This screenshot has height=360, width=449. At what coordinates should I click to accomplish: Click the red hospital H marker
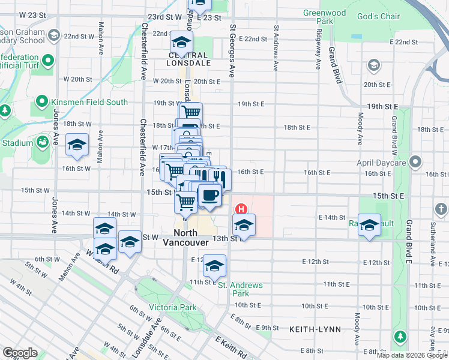(x=241, y=209)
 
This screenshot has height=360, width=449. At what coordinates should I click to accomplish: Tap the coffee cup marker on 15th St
(x=209, y=196)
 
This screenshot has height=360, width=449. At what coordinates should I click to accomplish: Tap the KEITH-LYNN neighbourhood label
(x=315, y=329)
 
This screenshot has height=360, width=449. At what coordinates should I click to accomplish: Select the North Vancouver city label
(x=187, y=238)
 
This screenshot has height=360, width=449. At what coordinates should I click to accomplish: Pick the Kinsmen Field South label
(x=89, y=102)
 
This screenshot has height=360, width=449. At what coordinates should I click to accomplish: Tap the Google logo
(x=20, y=352)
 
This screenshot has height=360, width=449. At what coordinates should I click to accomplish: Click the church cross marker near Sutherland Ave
(x=441, y=209)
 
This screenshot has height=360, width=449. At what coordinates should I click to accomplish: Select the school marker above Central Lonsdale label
(x=181, y=43)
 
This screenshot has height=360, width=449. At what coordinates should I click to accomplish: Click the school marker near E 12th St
(x=214, y=266)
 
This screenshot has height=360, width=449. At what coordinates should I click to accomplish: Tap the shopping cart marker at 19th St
(x=191, y=112)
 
